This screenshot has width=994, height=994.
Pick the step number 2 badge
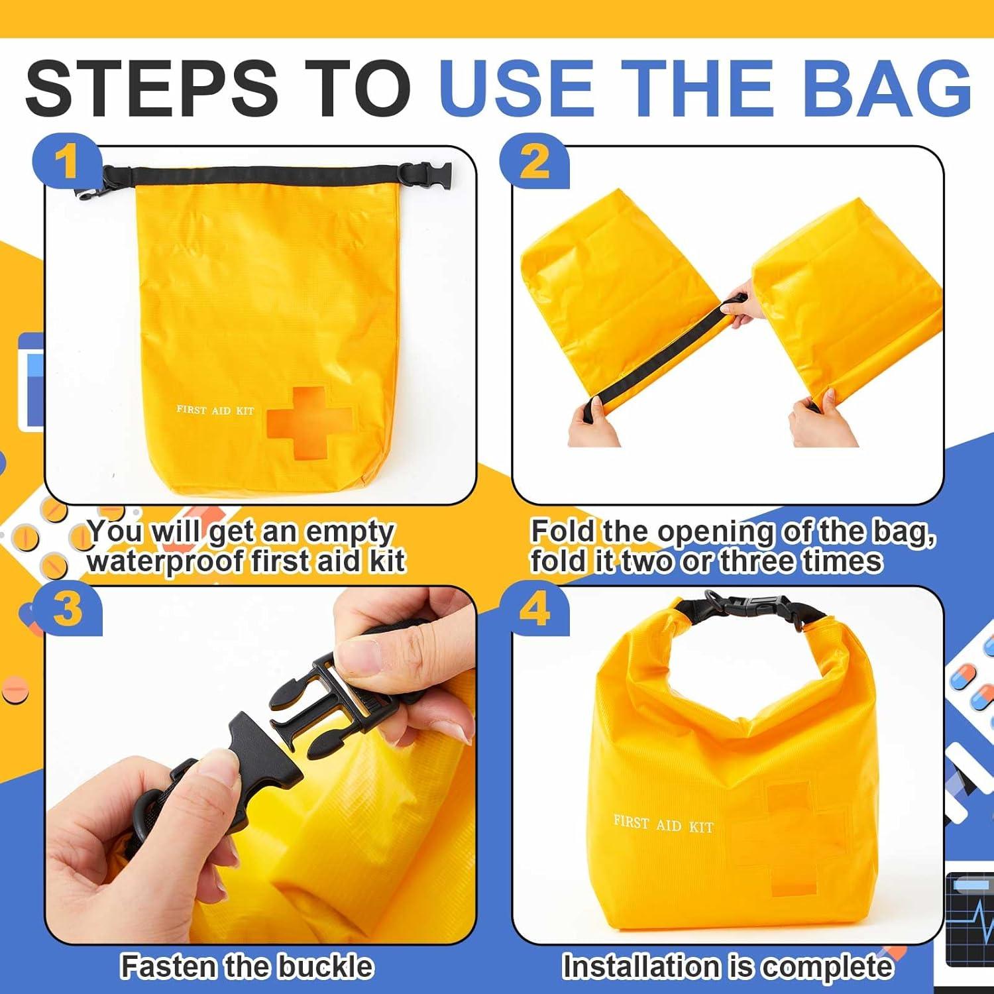[x=534, y=161]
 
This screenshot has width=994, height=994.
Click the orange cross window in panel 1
[x=307, y=421]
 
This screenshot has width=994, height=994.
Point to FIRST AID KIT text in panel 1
[x=215, y=410]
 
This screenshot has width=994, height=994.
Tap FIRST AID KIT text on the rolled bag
[x=663, y=824]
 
